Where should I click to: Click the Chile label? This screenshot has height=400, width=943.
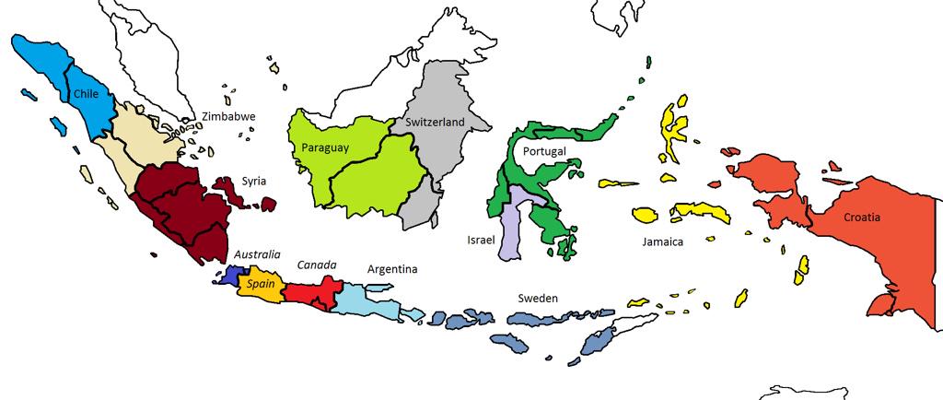click(86, 93)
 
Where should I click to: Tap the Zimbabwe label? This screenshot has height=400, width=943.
click(228, 117)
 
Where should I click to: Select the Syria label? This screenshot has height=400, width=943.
click(254, 181)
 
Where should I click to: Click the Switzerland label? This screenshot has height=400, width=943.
click(435, 123)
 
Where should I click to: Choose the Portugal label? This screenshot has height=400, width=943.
click(543, 151)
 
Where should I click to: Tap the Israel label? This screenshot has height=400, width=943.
click(482, 240)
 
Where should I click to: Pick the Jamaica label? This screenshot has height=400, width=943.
click(663, 242)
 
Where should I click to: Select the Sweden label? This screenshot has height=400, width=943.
click(538, 298)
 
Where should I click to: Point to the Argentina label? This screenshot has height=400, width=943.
click(392, 269)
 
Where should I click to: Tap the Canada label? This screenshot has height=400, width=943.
click(317, 265)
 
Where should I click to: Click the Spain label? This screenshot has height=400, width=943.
click(261, 285)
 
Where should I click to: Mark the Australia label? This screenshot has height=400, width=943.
click(257, 253)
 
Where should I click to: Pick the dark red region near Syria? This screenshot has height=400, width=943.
click(184, 207)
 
